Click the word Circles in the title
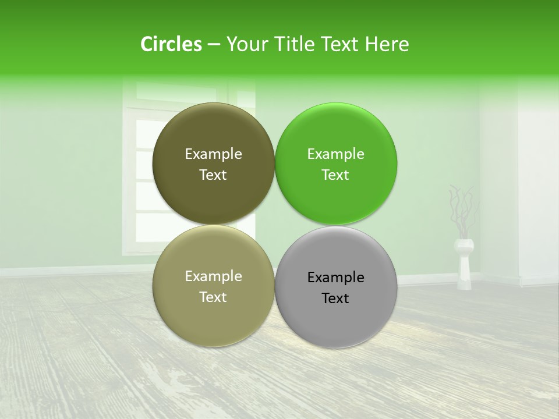click(x=171, y=44)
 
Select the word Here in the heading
click(x=387, y=44)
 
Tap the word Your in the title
click(x=246, y=44)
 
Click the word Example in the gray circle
click(x=335, y=278)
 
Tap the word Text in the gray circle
click(x=335, y=299)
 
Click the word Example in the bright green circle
click(x=335, y=154)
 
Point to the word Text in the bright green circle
click(x=335, y=175)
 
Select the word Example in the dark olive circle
click(x=213, y=154)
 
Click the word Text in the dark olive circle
click(x=213, y=175)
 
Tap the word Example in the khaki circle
click(x=213, y=276)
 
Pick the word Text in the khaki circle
click(x=213, y=297)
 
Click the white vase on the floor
click(x=464, y=265)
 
